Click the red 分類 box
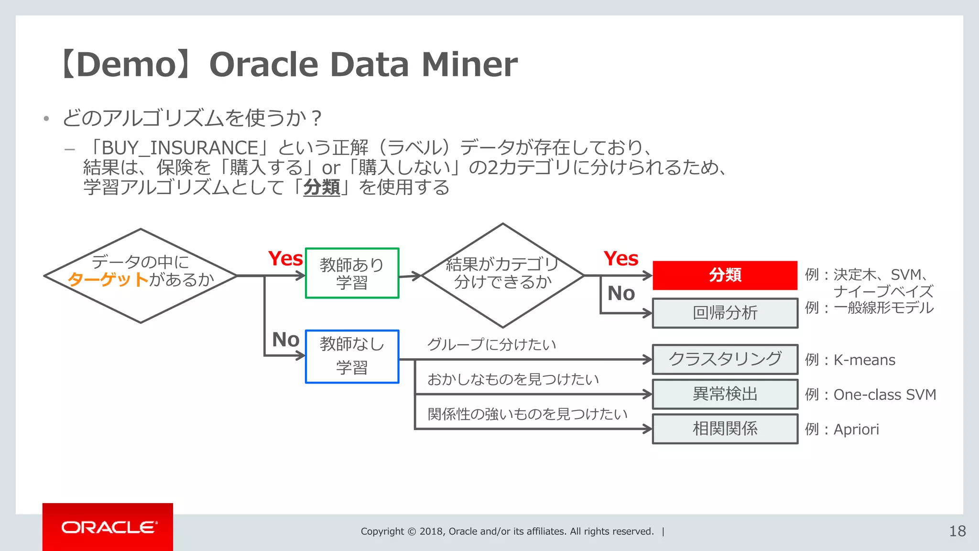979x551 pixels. point(725,275)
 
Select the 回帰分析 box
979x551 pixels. point(725,313)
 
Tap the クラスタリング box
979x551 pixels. point(725,359)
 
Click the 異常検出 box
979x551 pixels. point(725,394)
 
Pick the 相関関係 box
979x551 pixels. point(725,429)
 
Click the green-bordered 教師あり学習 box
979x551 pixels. point(352,273)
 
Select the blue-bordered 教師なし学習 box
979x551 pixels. point(352,356)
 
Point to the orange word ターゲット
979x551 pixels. point(108,279)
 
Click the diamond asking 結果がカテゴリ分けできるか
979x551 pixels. point(502,275)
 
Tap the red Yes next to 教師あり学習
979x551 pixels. point(285,259)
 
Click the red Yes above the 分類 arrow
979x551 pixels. point(621,259)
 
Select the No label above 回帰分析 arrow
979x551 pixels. point(621,293)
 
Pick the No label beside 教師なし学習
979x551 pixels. point(285,340)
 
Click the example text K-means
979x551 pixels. point(864,360)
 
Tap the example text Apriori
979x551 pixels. point(856,430)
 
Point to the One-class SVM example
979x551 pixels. point(884,395)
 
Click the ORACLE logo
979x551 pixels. point(108,527)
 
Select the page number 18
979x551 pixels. point(957,531)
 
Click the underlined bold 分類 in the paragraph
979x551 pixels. point(321,187)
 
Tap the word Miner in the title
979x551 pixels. point(469,65)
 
